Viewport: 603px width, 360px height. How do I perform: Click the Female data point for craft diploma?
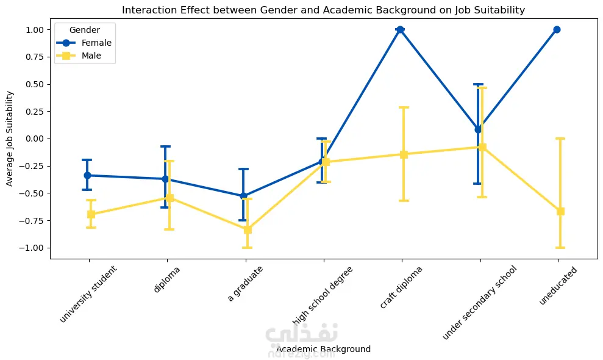(400, 29)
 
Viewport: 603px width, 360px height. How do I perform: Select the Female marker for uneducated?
(557, 29)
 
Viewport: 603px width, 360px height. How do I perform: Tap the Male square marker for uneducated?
(560, 211)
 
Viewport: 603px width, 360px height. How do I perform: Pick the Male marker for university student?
(91, 214)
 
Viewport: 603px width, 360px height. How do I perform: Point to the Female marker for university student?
(87, 175)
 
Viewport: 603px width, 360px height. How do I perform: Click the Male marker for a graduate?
(248, 229)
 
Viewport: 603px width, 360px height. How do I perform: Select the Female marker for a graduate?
(244, 196)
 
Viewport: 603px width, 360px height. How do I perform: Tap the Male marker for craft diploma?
(404, 154)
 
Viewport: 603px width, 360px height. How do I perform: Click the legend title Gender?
(85, 29)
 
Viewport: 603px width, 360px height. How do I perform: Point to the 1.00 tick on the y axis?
(34, 29)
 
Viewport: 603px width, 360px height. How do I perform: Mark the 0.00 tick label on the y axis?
(34, 139)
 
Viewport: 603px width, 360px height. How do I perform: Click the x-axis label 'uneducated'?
(558, 284)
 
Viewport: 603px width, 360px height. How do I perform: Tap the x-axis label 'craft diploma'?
(401, 287)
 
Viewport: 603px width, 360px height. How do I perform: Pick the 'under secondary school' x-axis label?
(480, 302)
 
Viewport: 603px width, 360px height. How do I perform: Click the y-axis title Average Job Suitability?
(10, 139)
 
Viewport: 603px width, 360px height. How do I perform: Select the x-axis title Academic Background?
(323, 350)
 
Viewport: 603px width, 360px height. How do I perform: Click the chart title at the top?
(323, 10)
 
